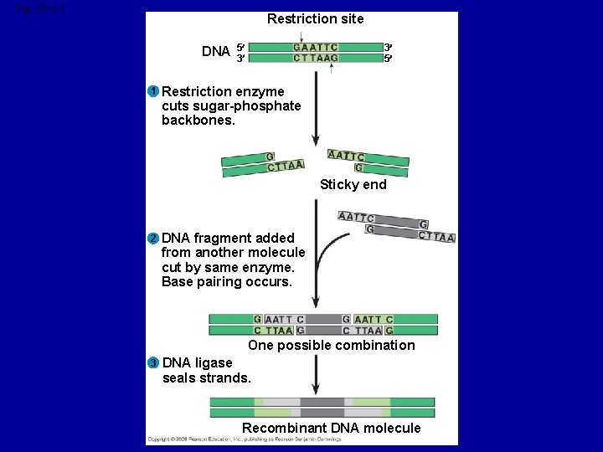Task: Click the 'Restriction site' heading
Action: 315,18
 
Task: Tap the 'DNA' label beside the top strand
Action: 215,52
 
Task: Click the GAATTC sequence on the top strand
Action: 316,47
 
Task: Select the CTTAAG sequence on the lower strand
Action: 316,59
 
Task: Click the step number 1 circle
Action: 153,91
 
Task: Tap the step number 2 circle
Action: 153,238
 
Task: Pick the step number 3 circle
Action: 153,363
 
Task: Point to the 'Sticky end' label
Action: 353,184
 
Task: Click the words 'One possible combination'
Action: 331,345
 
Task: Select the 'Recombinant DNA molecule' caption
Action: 331,428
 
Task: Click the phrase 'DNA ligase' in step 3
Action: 197,363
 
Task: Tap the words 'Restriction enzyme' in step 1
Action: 223,91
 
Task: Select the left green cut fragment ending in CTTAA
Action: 262,163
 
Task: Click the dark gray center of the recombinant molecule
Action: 322,408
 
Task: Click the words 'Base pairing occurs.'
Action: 226,282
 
